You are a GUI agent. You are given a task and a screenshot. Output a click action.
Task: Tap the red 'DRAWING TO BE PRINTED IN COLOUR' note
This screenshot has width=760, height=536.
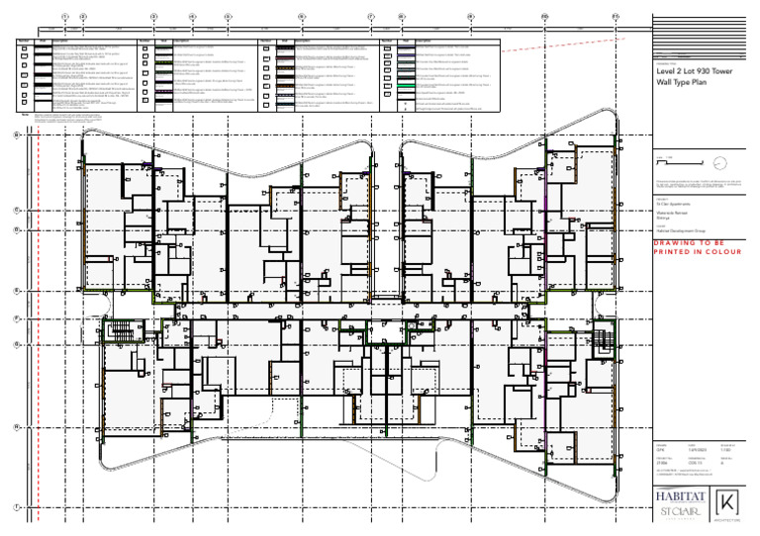click(x=697, y=247)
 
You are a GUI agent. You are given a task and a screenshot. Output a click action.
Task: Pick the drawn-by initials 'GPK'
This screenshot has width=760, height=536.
click(x=660, y=450)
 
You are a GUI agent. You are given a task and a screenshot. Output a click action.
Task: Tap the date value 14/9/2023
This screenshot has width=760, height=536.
click(x=694, y=450)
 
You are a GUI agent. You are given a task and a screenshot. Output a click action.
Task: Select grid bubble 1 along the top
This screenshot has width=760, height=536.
click(x=65, y=17)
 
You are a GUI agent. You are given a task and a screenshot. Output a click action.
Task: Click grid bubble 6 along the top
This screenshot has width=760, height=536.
click(x=301, y=17)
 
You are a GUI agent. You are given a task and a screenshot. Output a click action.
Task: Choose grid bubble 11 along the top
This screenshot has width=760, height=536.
click(x=615, y=17)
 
